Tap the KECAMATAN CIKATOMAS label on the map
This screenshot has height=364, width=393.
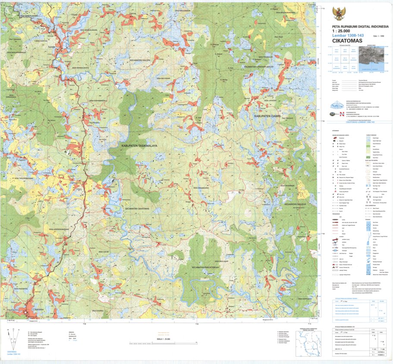pyautogui.click(x=137, y=209)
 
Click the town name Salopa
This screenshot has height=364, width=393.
pyautogui.click(x=52, y=46)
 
